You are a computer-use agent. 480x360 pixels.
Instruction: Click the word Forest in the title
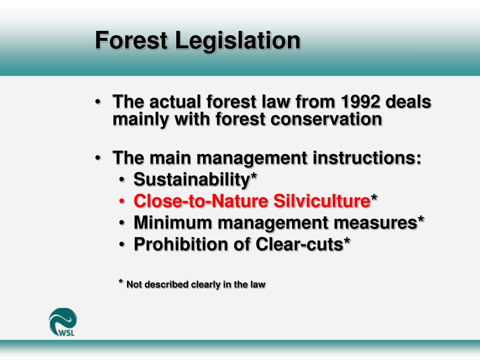point(131,40)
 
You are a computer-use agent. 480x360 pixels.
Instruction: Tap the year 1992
point(364,102)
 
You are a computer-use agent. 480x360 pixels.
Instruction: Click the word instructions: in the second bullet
point(367,158)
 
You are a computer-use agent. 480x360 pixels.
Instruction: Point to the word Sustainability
point(192,179)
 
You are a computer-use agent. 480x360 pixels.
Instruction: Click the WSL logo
point(63,322)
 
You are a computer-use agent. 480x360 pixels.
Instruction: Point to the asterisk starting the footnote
point(121,282)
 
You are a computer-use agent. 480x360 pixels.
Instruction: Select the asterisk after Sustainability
point(254,177)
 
